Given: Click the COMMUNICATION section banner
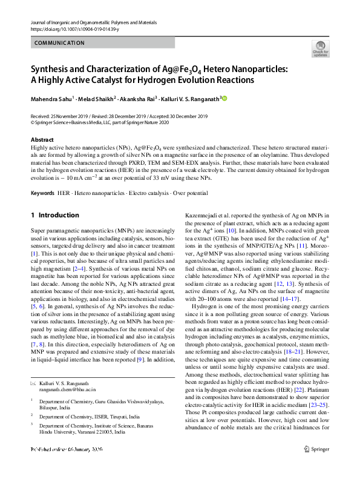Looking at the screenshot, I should coord(59,43).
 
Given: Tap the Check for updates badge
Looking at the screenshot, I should coord(320,48).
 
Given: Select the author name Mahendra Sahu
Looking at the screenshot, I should coord(54,98).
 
